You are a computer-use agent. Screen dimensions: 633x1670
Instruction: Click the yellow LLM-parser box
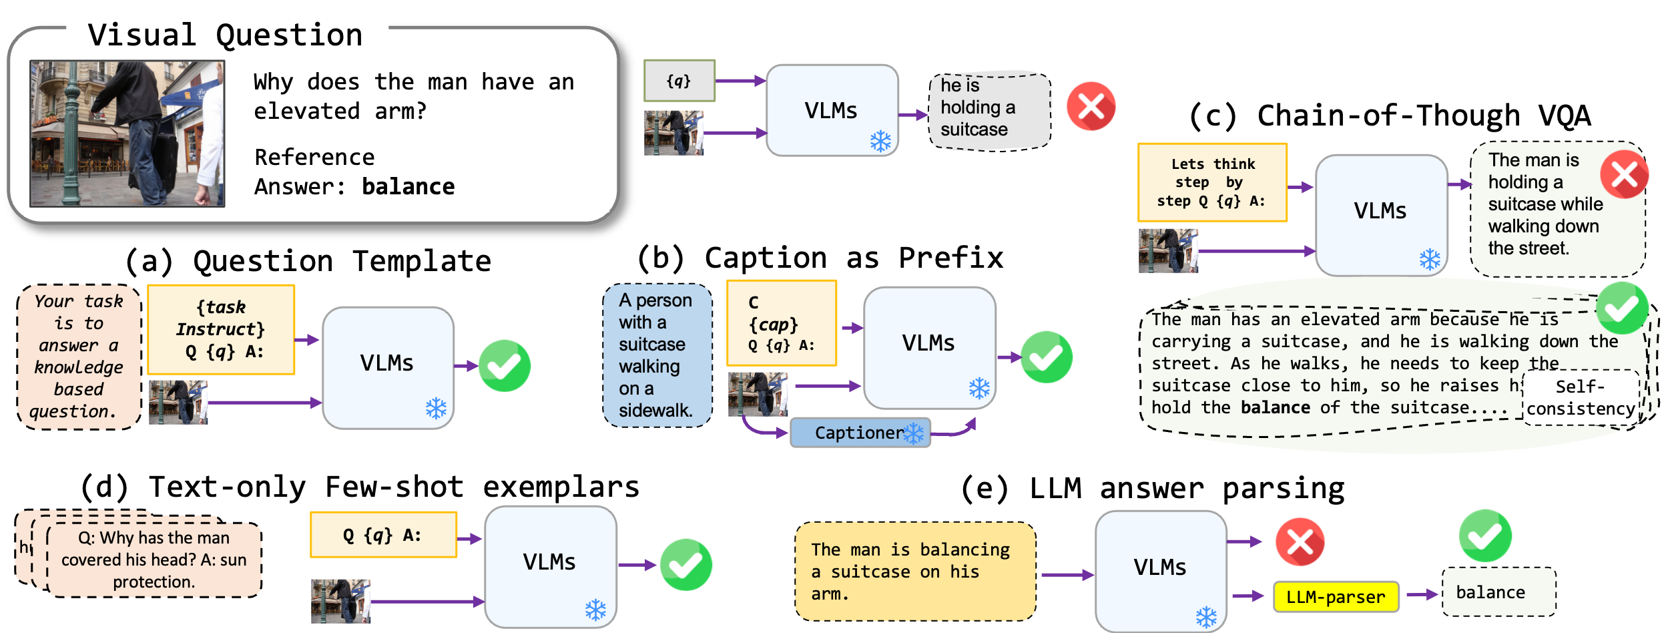coord(1336,596)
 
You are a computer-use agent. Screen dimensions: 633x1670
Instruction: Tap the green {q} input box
coord(679,81)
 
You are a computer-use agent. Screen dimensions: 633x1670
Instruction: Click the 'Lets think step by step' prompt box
coord(1212,182)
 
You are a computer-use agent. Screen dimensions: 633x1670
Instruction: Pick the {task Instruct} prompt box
coord(221,329)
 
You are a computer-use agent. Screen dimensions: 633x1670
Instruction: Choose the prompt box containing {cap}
coord(782,323)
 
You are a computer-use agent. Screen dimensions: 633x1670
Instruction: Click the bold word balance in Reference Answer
coord(408,186)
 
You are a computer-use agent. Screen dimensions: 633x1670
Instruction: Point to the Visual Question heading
coord(226,35)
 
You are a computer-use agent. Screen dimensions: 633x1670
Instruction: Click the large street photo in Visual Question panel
coord(127,134)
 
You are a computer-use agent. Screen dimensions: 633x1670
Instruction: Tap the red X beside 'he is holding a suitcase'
coord(1091,106)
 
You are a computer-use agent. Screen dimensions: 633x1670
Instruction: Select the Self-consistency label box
coord(1581,397)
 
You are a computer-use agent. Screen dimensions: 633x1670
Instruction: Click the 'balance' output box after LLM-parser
coord(1498,592)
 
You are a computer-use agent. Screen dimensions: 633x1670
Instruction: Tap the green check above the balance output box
coord(1485,536)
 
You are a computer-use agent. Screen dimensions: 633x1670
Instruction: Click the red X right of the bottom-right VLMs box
coord(1300,542)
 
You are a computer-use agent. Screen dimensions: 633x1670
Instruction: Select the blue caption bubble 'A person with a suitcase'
coord(656,355)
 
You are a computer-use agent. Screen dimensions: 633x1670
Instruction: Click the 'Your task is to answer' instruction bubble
coord(79,357)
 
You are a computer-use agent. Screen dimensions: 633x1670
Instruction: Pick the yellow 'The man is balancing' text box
coord(914,571)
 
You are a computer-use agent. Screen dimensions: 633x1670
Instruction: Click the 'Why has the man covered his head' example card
coord(154,560)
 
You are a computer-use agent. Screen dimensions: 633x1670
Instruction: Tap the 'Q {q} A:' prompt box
coord(383,535)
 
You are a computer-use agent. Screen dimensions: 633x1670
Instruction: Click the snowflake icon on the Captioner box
coord(914,433)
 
